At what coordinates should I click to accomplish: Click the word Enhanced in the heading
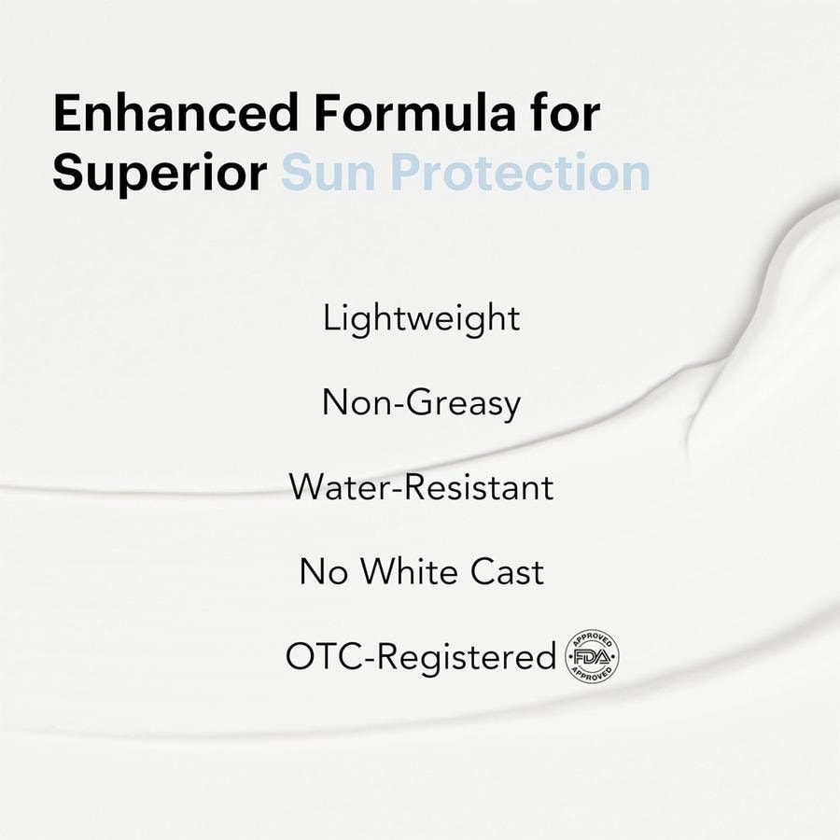[x=175, y=113]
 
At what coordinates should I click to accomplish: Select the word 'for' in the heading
[x=566, y=113]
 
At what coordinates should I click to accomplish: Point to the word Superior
[x=160, y=173]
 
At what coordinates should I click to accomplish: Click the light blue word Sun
[x=328, y=173]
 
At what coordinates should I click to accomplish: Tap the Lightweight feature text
[x=421, y=319]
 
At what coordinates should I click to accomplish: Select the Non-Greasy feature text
[x=421, y=403]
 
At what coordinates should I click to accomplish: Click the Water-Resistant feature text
[x=421, y=487]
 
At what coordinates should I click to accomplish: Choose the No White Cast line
[x=421, y=571]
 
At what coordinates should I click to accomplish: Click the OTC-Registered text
[x=421, y=656]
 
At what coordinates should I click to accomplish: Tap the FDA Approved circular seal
[x=592, y=656]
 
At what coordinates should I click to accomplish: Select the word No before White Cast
[x=323, y=571]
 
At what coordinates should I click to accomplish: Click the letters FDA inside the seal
[x=592, y=657]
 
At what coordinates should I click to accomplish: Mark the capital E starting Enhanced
[x=66, y=113]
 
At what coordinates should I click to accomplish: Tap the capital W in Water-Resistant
[x=309, y=487]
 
